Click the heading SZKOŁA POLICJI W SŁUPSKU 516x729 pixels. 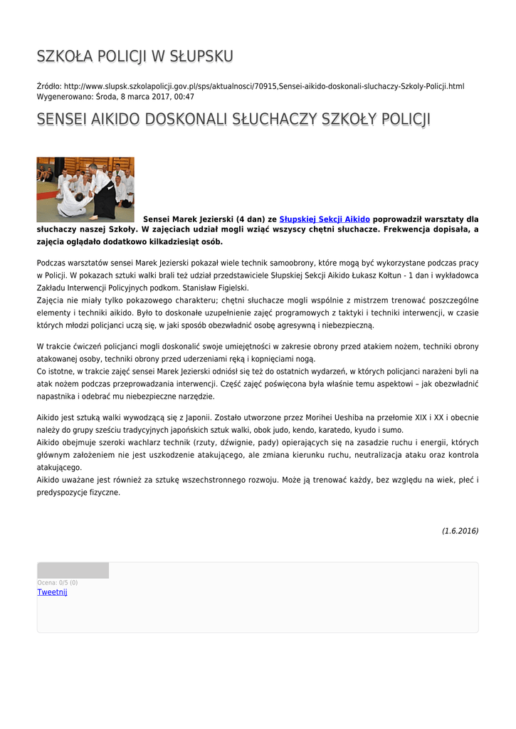point(135,56)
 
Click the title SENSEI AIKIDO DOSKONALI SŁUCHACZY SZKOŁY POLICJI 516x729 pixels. point(233,119)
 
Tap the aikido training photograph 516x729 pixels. point(85,189)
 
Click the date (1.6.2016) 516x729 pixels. point(460,531)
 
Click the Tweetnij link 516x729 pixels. point(52,592)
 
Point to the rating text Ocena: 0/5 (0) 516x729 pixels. point(58,582)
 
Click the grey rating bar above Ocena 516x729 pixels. point(73,570)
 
